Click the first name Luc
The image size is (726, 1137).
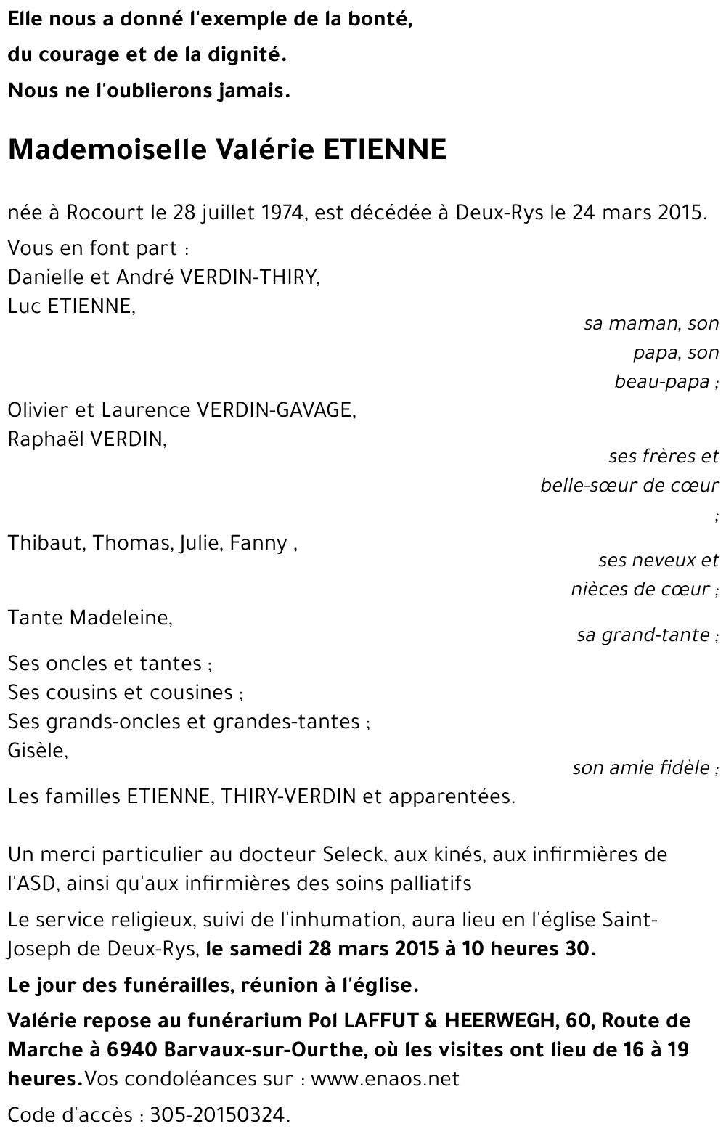[23, 306]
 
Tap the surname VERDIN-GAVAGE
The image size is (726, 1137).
[276, 410]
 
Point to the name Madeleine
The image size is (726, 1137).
[121, 618]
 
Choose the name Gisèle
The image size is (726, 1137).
[37, 751]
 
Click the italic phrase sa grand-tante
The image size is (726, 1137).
[643, 635]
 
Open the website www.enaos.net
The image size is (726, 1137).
[385, 1079]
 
